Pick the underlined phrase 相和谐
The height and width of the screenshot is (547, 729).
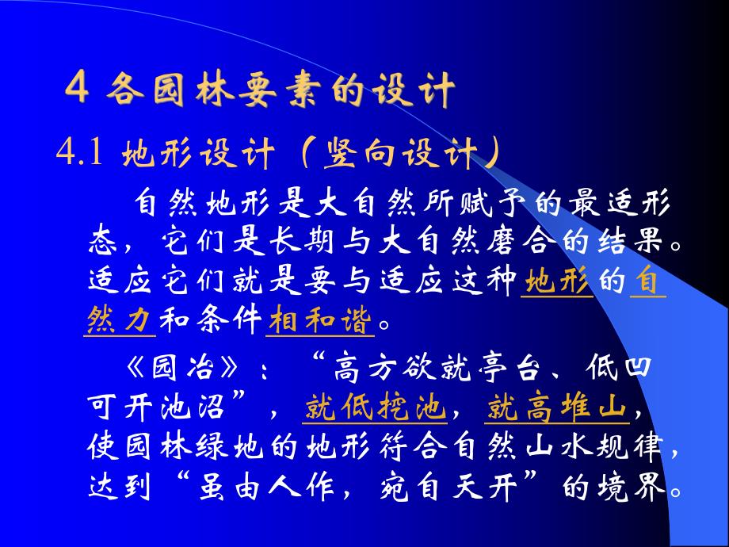pyautogui.click(x=322, y=321)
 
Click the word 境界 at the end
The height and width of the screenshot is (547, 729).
pyautogui.click(x=635, y=488)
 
